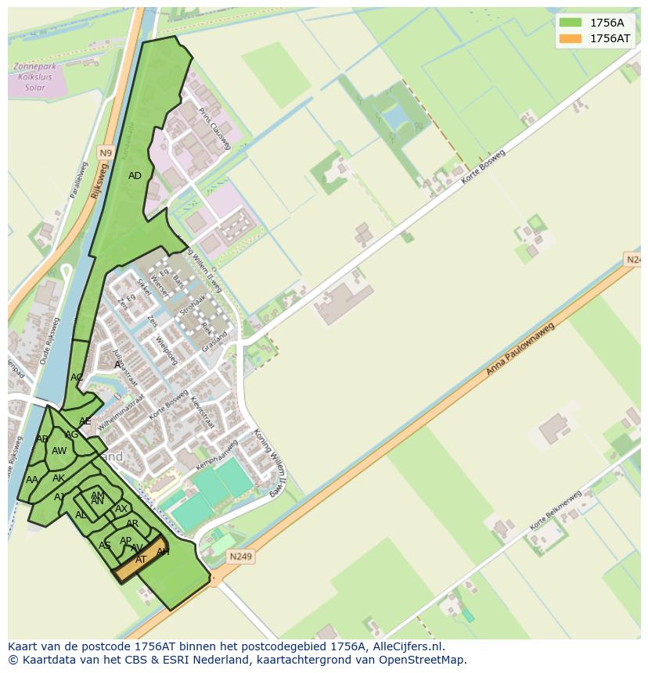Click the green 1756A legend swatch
571,23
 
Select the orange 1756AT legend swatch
571,38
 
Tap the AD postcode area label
135,176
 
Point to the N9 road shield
106,152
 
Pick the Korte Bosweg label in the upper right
484,169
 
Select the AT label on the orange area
141,560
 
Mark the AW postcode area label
59,451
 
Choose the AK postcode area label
59,478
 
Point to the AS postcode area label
104,546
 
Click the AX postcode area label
121,509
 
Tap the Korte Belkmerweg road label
556,510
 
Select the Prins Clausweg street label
215,128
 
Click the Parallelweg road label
79,180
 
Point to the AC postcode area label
77,378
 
